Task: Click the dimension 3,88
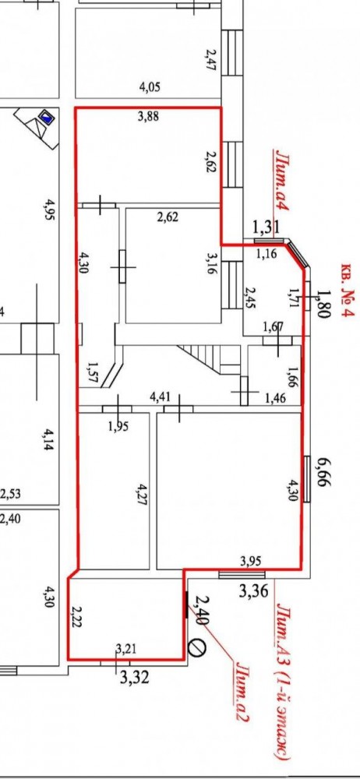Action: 149,118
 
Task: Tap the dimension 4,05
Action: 150,87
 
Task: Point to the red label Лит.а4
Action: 282,182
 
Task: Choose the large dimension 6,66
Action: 329,473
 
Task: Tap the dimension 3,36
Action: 254,590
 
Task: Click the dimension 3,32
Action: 134,677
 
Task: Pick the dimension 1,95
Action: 118,426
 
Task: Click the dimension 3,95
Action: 251,562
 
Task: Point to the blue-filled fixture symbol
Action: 48,118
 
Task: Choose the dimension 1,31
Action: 266,228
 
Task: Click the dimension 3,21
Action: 125,648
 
